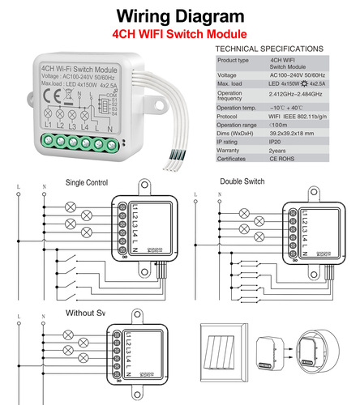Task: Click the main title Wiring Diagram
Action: (179, 17)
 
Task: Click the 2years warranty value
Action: (282, 150)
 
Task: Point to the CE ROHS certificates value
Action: (285, 160)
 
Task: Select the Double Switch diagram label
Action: (242, 181)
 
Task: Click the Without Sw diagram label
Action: (85, 313)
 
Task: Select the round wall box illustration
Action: (311, 355)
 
